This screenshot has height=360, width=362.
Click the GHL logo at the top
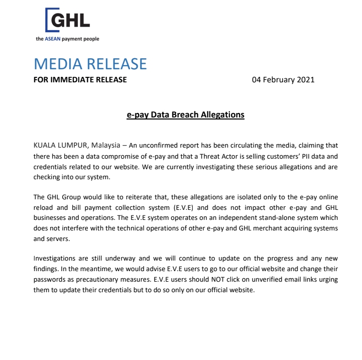pyautogui.click(x=67, y=21)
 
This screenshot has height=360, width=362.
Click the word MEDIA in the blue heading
pyautogui.click(x=56, y=64)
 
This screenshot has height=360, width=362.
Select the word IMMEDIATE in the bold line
pyautogui.click(x=74, y=79)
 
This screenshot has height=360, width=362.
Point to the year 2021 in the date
pyautogui.click(x=305, y=79)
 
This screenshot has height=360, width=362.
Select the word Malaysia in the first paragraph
pyautogui.click(x=105, y=145)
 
